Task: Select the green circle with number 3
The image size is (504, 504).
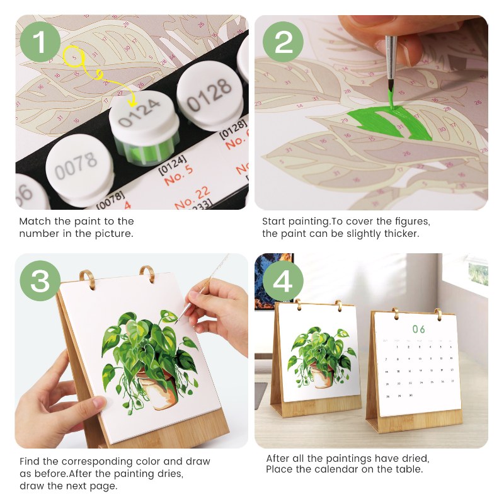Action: point(40,282)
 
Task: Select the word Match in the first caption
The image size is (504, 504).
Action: point(35,221)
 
